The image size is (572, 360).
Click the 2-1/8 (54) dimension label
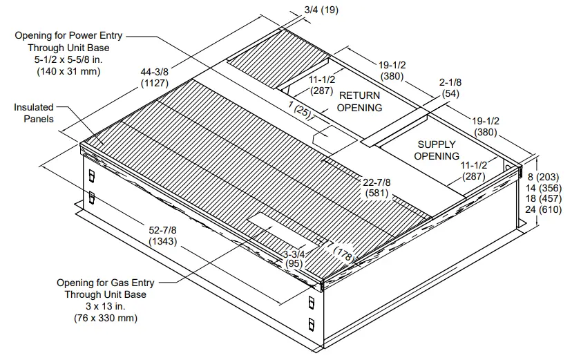[450, 88]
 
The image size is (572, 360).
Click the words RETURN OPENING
[359, 102]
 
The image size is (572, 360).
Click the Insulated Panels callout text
[34, 113]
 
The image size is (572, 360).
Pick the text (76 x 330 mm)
[105, 318]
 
